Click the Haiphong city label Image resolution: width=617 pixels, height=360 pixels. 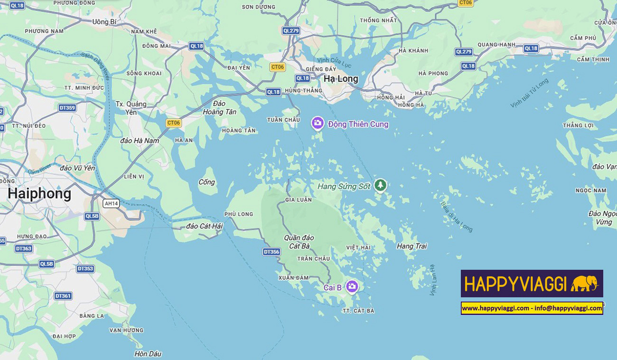[x=39, y=194]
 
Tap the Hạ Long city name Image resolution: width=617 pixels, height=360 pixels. [x=341, y=79]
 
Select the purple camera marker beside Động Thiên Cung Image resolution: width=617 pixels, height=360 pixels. [x=318, y=123]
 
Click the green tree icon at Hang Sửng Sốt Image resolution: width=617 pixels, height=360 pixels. [x=380, y=185]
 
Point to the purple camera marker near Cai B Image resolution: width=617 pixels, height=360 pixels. [x=352, y=286]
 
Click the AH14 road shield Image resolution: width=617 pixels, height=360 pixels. [x=111, y=203]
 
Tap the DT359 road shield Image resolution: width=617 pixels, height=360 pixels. [x=67, y=108]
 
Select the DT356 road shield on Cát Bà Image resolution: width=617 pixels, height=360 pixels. [x=271, y=252]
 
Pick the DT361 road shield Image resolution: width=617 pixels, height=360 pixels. [x=63, y=296]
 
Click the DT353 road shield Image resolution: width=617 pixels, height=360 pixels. [x=85, y=269]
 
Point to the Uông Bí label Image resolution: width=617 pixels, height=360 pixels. [x=104, y=22]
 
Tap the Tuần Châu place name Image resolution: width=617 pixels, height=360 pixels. [x=283, y=120]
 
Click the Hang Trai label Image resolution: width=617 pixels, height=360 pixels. [x=411, y=246]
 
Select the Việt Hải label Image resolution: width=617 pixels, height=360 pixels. [x=358, y=248]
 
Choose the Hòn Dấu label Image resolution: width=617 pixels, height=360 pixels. [x=148, y=354]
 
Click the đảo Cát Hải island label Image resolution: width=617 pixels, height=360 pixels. [x=205, y=226]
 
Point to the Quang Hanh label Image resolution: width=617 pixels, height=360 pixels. [x=496, y=45]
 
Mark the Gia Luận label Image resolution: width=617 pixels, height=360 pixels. [x=299, y=200]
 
